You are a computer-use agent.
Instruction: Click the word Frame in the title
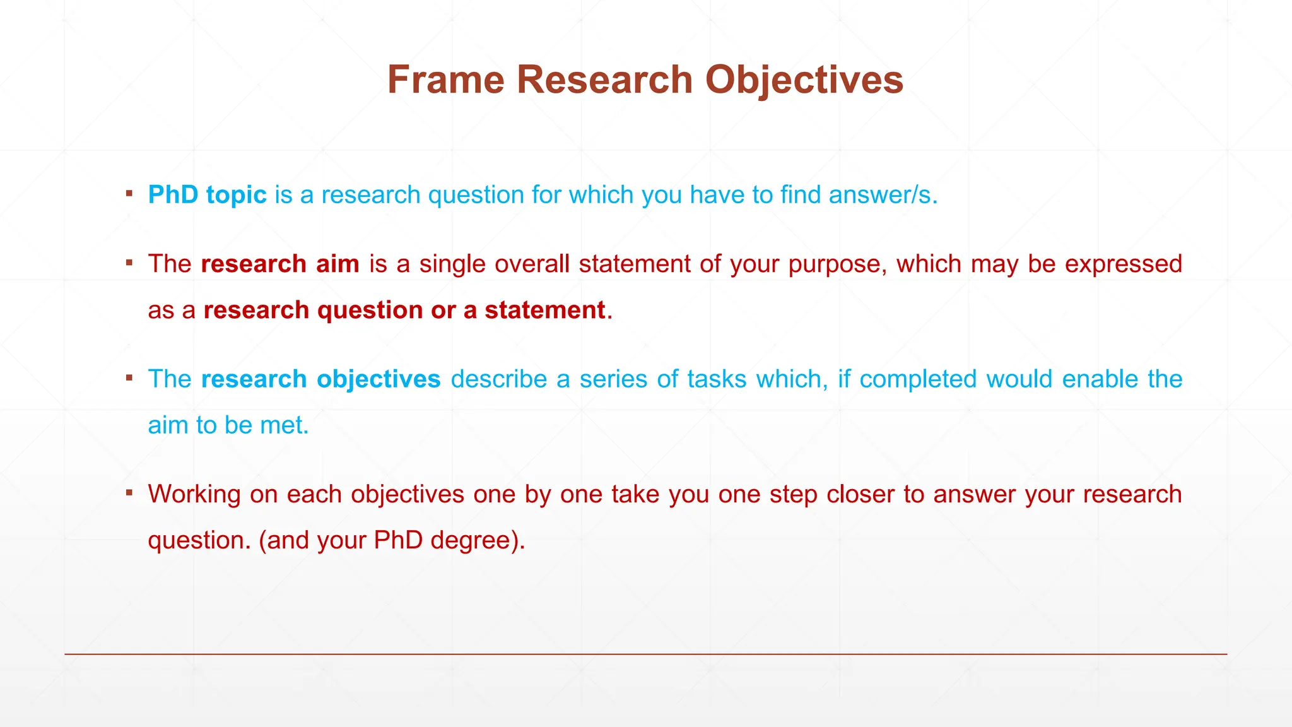coord(445,80)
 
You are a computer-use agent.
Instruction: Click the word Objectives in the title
coord(804,80)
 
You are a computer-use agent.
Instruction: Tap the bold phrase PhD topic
coord(207,195)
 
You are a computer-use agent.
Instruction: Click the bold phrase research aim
coord(280,264)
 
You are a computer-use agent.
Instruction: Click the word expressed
coord(1123,264)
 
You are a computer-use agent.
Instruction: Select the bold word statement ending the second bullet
coord(544,310)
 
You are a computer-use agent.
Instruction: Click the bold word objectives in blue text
coord(379,379)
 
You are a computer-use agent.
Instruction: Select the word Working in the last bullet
coord(194,494)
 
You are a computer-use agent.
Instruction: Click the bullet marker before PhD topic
coord(129,193)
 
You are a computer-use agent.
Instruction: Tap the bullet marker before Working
coord(129,492)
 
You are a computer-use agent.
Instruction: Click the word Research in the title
coord(604,80)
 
